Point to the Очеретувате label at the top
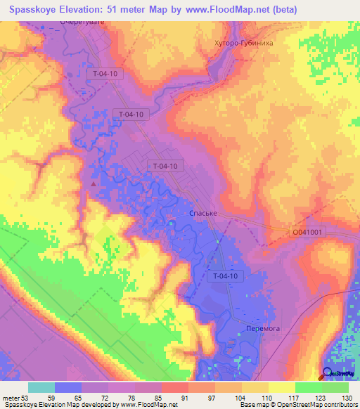81,22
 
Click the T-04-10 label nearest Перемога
227,276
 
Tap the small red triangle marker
93,185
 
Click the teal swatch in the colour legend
41,387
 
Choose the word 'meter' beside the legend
11,398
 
